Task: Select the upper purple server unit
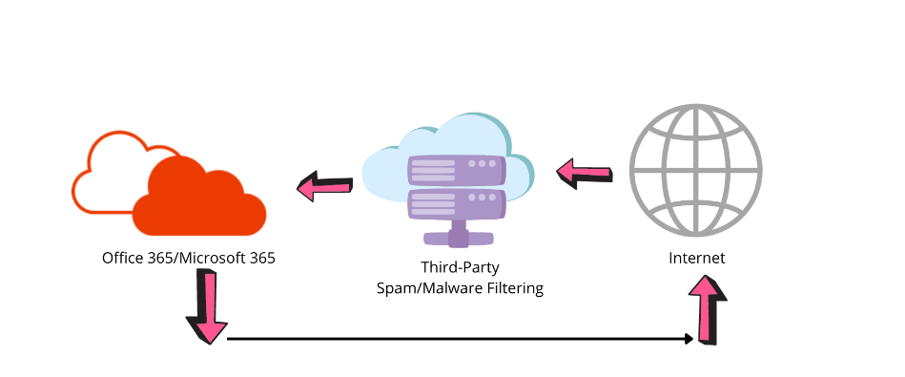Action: coord(455,170)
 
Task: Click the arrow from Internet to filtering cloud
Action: coord(584,172)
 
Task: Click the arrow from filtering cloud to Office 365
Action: coord(324,186)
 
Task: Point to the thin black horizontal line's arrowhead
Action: coord(689,338)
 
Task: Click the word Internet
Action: coord(696,259)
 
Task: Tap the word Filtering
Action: coord(514,287)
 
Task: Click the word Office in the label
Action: coord(120,258)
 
